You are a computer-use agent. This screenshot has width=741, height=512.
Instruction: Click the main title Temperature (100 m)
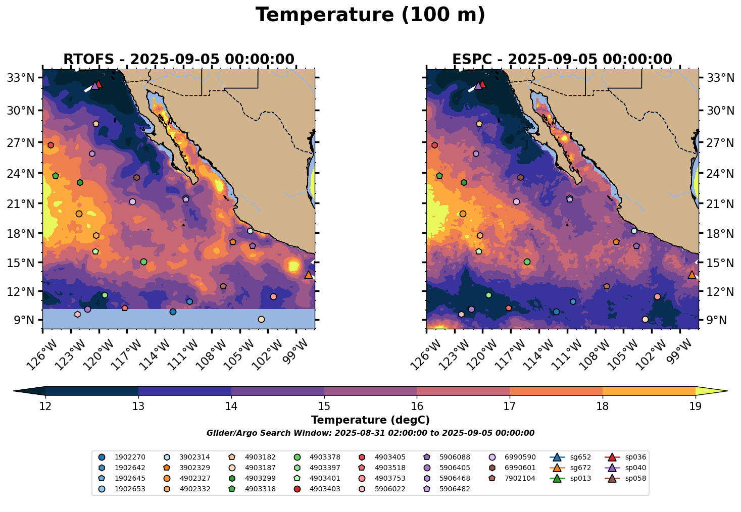pos(370,15)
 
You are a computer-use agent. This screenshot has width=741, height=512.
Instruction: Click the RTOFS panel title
pos(178,60)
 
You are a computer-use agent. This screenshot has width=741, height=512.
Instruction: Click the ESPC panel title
pos(562,60)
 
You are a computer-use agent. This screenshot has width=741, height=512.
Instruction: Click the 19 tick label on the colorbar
pos(696,406)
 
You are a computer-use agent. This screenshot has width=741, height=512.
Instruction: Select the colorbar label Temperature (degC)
pos(370,420)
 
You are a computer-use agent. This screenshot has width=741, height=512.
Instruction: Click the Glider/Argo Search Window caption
pos(370,433)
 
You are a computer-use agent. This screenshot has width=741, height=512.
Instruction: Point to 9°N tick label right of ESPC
pos(718,320)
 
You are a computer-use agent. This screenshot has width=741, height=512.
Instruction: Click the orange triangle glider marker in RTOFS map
pos(309,275)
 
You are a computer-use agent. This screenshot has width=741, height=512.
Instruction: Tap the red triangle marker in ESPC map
pos(482,84)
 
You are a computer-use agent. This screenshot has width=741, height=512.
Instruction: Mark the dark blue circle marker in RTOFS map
pos(173,312)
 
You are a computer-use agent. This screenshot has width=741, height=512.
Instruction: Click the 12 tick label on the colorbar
pos(45,406)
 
